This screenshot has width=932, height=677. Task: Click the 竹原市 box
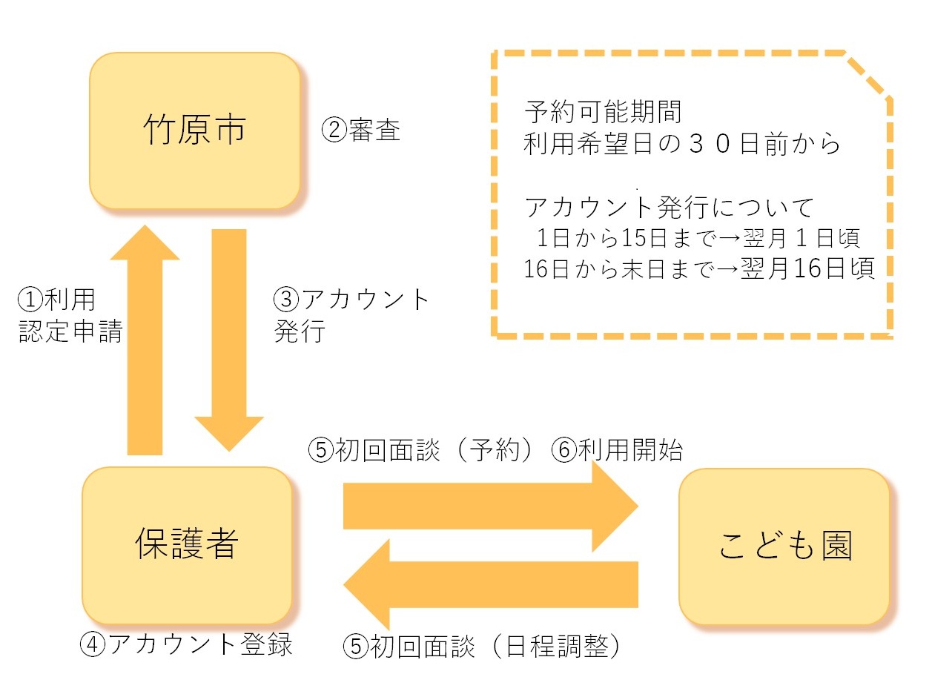[x=194, y=131]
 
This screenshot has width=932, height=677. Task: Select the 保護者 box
[x=187, y=545]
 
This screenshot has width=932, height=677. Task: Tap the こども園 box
[x=784, y=546]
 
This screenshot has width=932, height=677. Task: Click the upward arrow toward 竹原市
[x=145, y=341]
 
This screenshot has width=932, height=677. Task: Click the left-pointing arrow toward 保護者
[x=489, y=584]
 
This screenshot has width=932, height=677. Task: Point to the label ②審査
[x=361, y=131]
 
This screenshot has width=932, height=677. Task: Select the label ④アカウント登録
[x=186, y=644]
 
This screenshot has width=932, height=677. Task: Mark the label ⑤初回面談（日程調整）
[x=481, y=647]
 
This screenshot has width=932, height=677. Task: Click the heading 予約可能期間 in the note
[x=602, y=113]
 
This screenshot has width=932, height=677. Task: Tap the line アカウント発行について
[x=669, y=207]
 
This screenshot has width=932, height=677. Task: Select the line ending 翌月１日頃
[x=699, y=239]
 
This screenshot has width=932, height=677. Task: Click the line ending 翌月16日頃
[x=699, y=268]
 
